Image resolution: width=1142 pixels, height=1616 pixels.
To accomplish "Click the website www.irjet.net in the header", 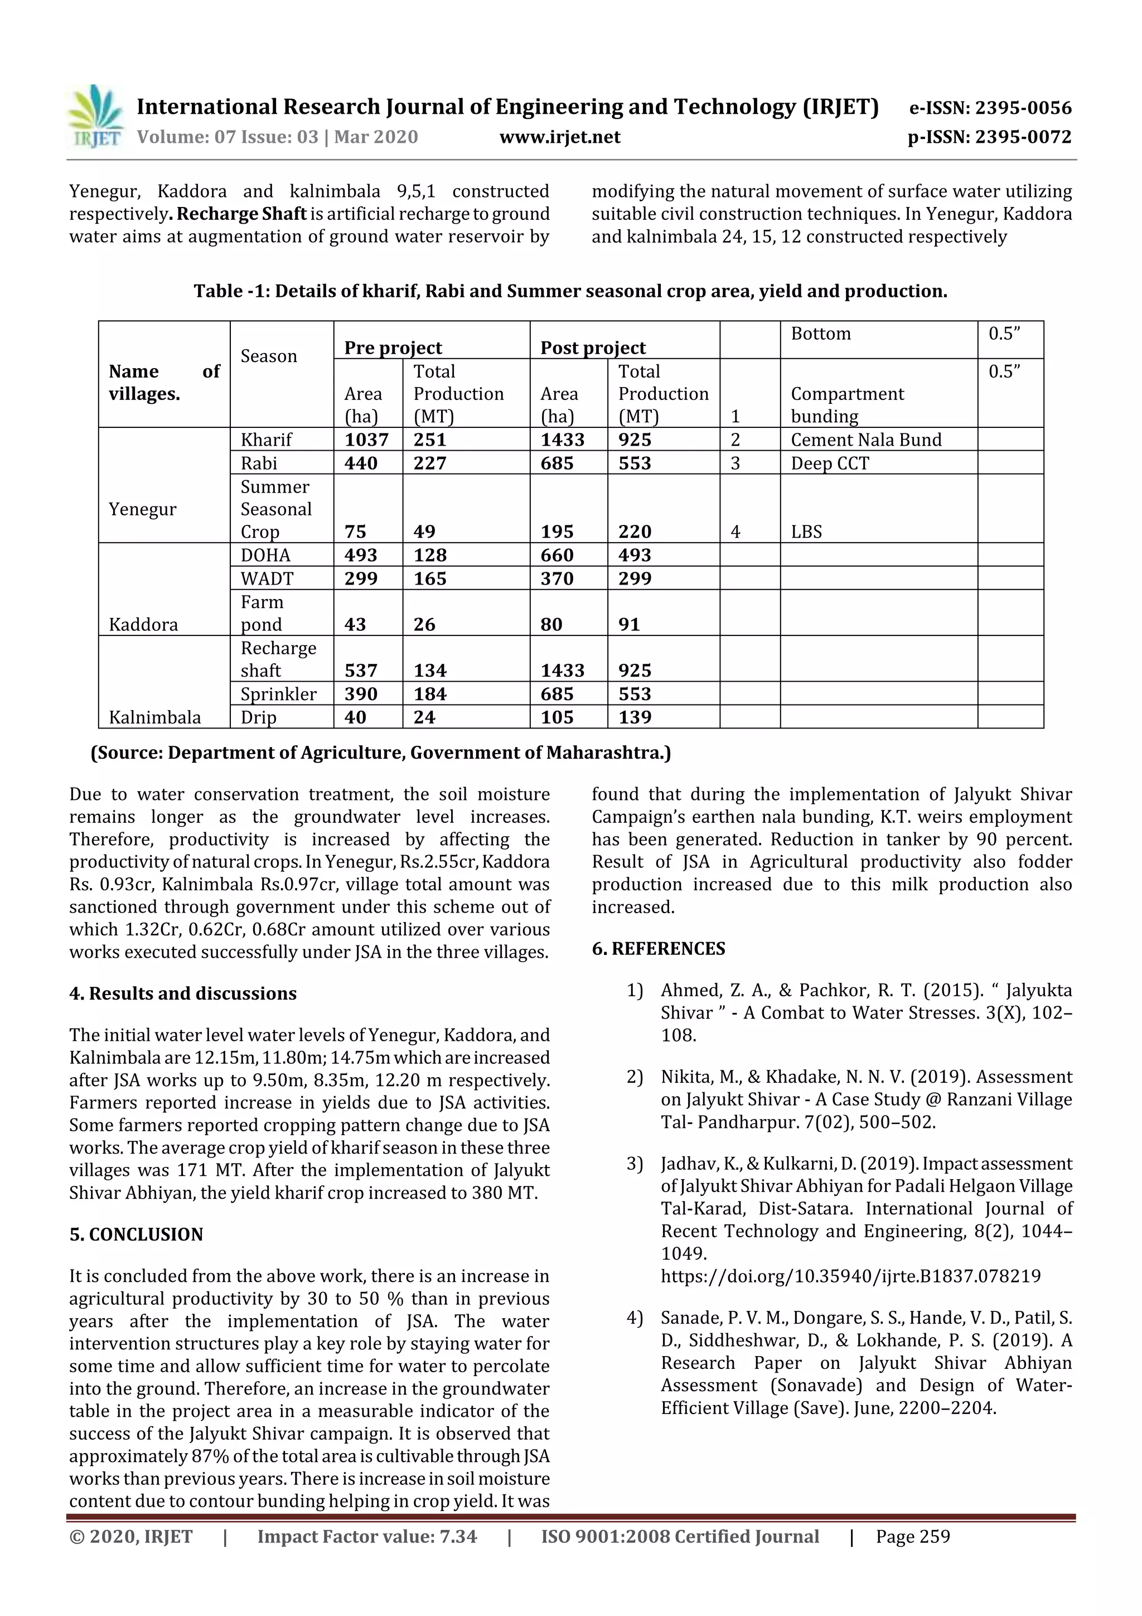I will point(559,137).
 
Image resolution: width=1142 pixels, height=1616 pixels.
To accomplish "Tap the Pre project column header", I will point(393,348).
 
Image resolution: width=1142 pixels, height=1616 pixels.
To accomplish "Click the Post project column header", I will point(592,348).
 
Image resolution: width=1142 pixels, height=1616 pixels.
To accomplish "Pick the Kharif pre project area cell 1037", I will point(366,440).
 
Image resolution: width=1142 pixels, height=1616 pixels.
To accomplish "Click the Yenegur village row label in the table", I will point(142,509).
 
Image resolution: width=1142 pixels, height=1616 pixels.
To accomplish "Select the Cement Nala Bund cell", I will point(865,440).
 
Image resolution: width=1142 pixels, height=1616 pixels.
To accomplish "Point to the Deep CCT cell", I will point(830,463).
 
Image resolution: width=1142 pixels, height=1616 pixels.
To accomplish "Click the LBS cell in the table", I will point(806,532).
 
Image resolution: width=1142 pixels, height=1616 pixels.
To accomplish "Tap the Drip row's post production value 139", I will point(634,717).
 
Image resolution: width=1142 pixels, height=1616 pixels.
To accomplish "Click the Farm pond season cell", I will point(261,613).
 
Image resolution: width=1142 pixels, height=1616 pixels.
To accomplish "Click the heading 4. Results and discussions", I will point(183,993).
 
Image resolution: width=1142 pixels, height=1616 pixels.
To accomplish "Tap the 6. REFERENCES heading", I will point(658,948).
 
